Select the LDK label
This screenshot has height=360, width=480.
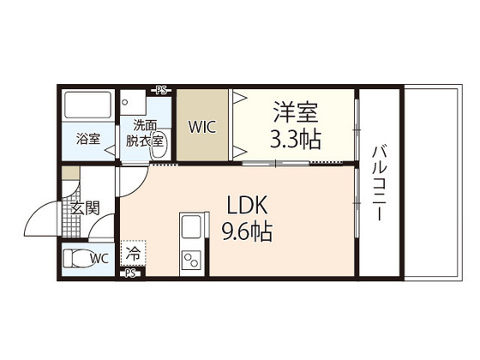pos(249,206)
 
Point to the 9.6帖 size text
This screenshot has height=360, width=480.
pos(249,231)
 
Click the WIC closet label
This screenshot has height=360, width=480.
pos(202,127)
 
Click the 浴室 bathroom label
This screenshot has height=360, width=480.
pos(87,138)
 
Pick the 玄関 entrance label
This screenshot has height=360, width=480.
pos(84,207)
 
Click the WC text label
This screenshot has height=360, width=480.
pos(99,257)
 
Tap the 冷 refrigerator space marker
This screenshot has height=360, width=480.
pos(134,254)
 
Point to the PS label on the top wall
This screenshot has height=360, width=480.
pos(161,88)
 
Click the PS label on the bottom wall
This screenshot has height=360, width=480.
pos(131,274)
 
